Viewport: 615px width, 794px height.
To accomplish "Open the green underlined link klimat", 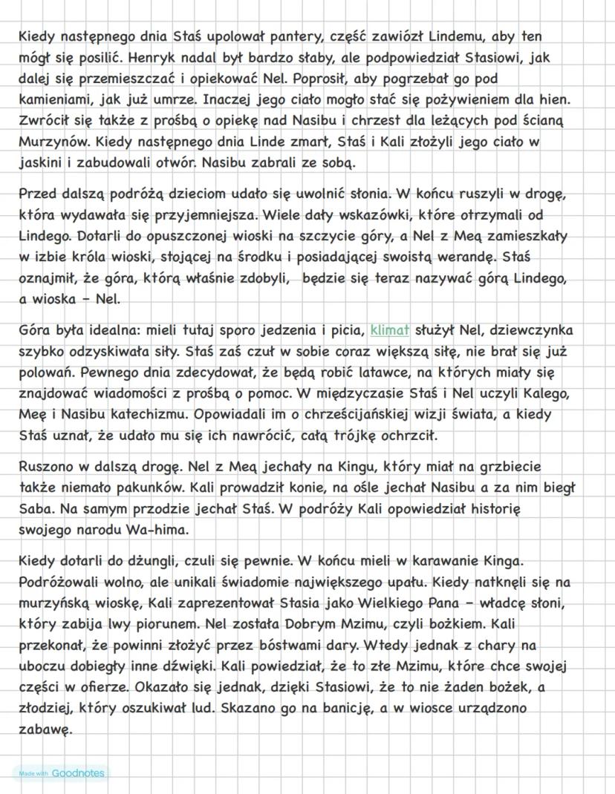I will point(389,329).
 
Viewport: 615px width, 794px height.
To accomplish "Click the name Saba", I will point(35,509).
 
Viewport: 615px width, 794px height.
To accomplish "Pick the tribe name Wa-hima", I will point(137,531).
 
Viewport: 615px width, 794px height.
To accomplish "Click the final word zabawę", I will point(45,729).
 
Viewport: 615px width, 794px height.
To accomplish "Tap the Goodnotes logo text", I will point(78,773).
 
